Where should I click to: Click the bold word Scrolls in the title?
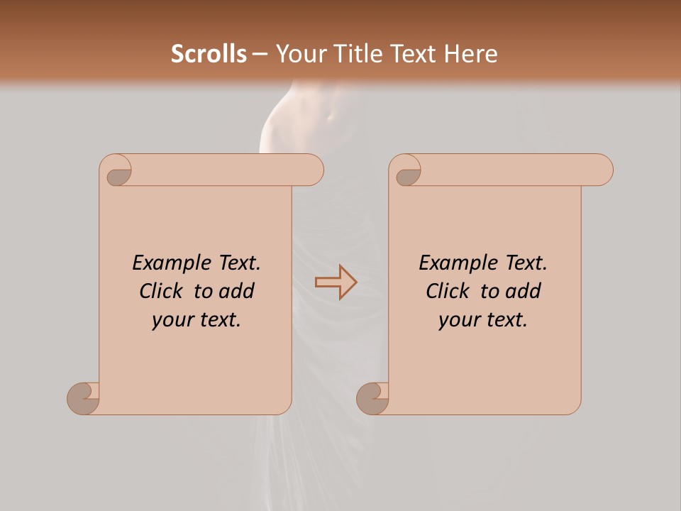click(x=209, y=54)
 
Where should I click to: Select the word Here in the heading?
click(x=470, y=54)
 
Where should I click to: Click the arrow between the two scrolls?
click(x=336, y=282)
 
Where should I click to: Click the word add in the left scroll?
click(x=237, y=291)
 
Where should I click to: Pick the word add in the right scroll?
click(x=524, y=291)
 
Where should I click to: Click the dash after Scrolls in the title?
click(x=260, y=55)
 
